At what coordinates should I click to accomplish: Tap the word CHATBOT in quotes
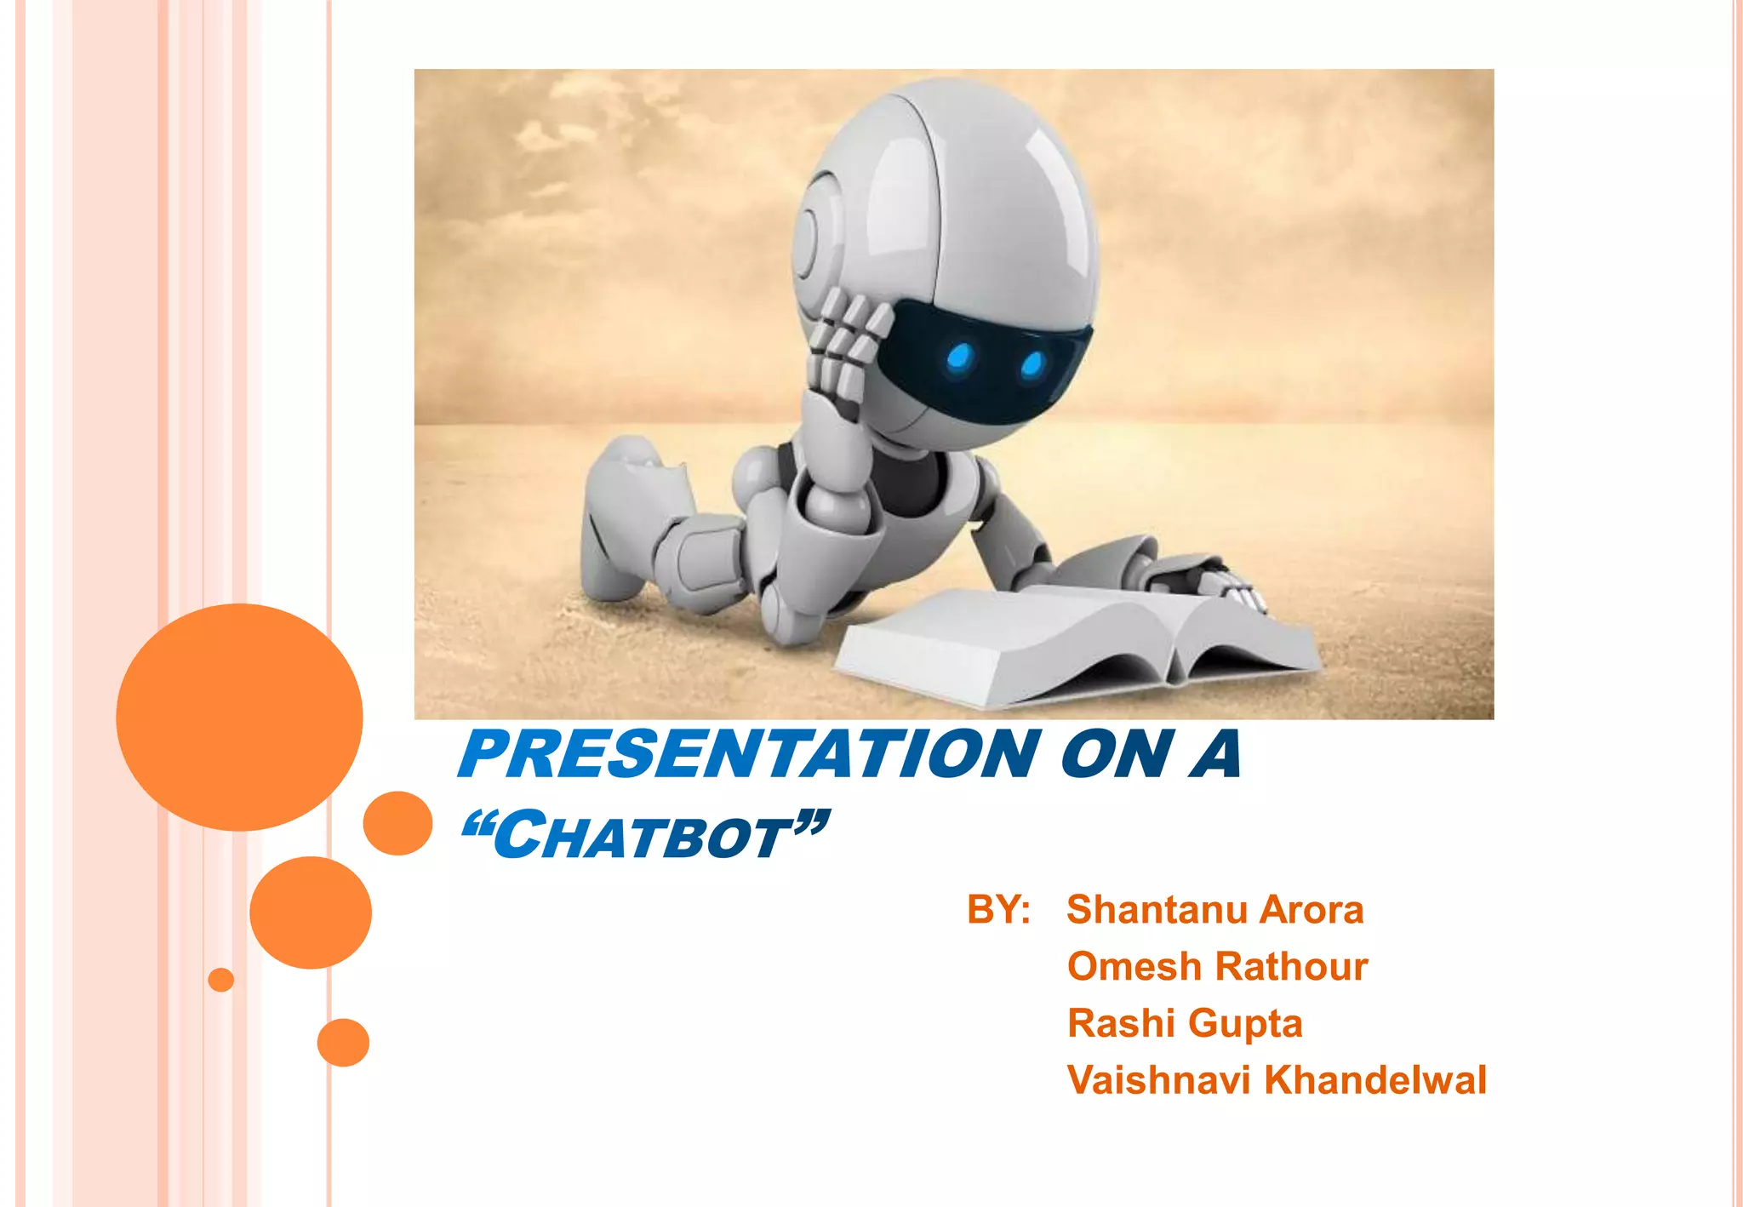644,836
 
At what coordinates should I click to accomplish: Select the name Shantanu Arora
1214,909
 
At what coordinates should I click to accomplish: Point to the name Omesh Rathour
1217,966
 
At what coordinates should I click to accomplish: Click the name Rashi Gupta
1185,1023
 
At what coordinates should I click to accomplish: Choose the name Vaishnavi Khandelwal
1277,1080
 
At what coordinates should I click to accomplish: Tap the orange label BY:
998,909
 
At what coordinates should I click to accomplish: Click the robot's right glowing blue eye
1032,364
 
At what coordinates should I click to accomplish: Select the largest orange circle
239,717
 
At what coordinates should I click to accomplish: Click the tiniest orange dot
221,980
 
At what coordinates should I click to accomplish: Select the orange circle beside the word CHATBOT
397,823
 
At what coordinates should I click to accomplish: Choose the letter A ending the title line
1215,755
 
